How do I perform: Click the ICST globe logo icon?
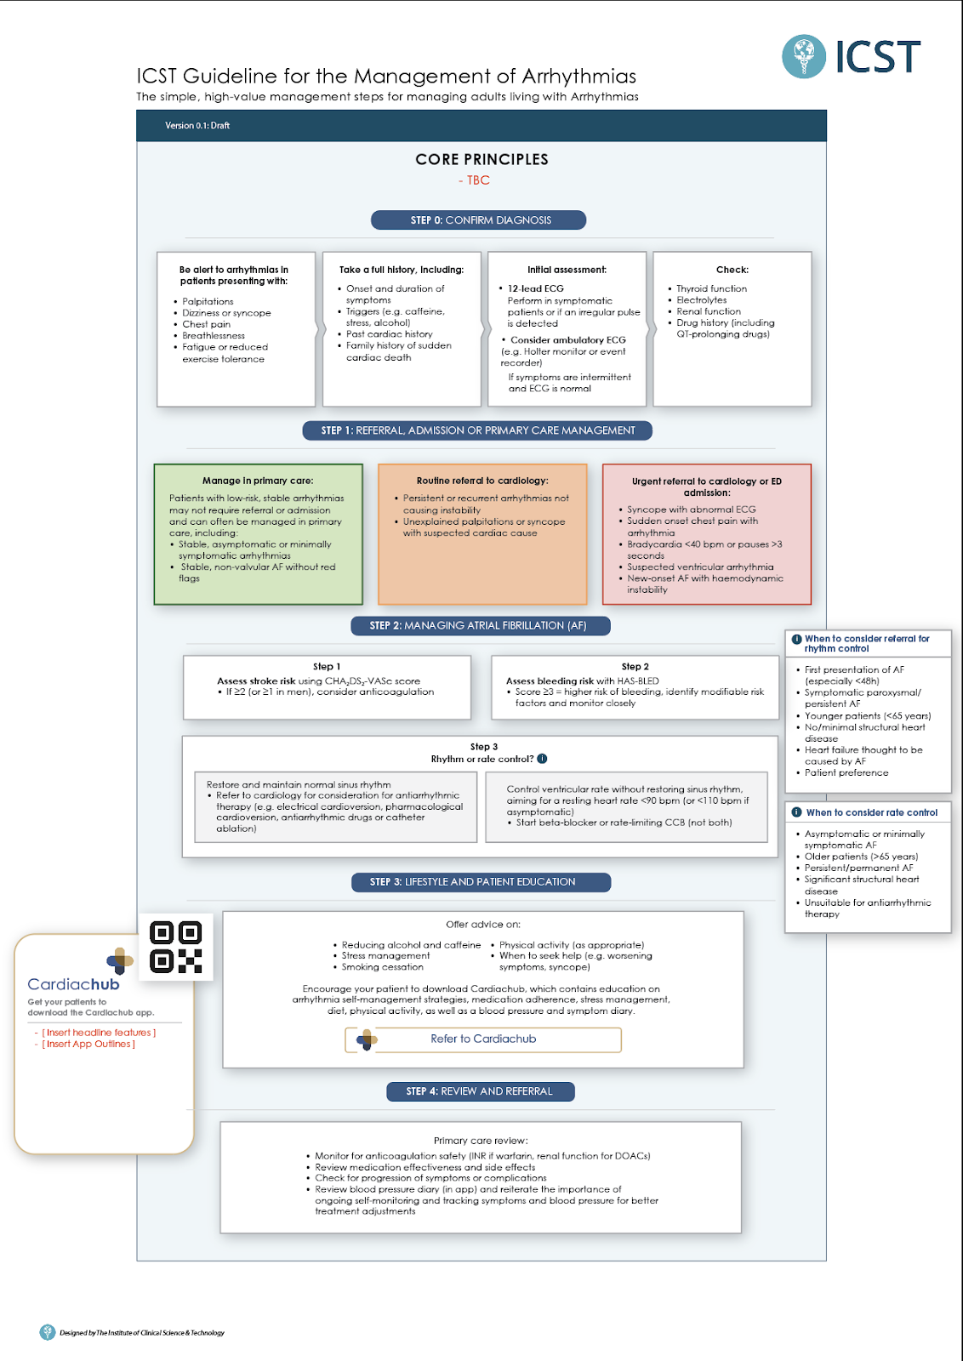coord(803,56)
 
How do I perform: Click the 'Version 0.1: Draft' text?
coord(197,125)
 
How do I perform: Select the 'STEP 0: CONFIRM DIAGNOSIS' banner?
coord(479,220)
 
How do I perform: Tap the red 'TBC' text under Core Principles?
coord(478,180)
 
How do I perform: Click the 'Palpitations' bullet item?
coord(208,301)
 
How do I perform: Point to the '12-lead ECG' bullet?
coord(535,288)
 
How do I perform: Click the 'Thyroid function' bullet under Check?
coord(711,288)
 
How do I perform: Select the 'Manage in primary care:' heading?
coord(258,481)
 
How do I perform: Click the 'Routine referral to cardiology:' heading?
coord(482,481)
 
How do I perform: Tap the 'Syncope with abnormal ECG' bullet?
coord(691,510)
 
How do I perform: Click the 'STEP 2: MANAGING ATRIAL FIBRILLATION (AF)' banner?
coord(479,626)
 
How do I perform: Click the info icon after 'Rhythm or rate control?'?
coord(543,759)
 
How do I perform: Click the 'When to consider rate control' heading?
coord(871,813)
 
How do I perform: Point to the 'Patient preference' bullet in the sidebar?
coord(846,773)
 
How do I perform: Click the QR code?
coord(176,947)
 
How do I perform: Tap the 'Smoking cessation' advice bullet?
coord(382,967)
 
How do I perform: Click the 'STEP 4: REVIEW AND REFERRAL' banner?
coord(480,1091)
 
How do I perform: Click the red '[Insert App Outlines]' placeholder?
coord(89,1045)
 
